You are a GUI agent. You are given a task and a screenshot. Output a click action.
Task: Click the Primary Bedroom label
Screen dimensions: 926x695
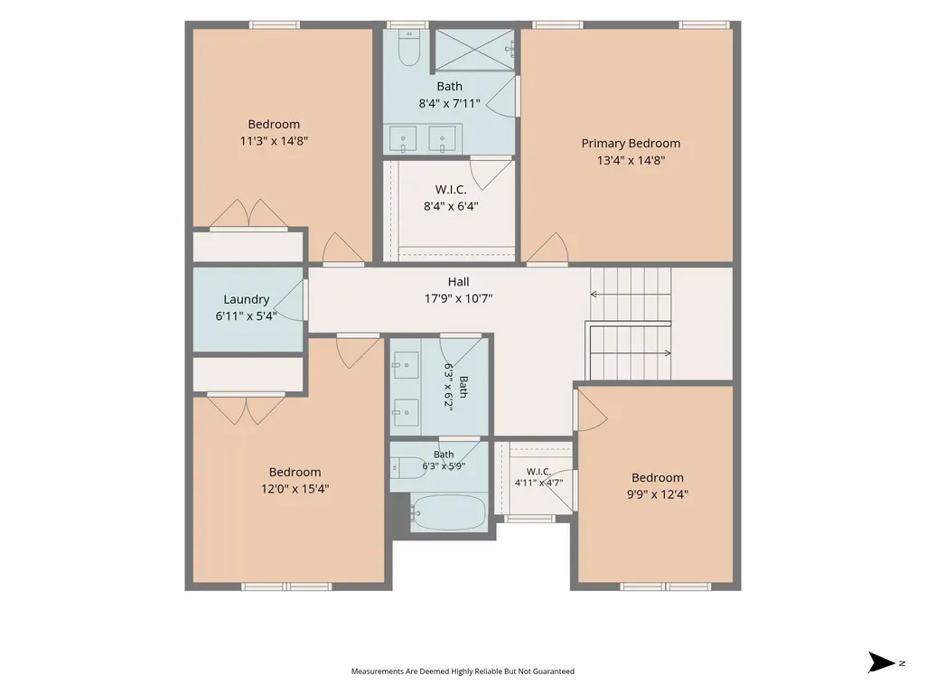click(631, 144)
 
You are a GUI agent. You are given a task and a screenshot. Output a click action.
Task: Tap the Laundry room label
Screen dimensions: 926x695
click(247, 300)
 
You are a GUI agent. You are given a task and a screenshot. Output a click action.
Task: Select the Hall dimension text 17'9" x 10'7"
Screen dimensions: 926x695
click(458, 298)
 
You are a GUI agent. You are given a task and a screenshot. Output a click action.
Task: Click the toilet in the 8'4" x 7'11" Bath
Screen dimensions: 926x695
click(408, 48)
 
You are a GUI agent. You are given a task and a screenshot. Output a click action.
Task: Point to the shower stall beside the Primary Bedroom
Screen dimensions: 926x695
click(475, 50)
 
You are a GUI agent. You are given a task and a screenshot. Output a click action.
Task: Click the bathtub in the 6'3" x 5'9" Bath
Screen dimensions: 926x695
click(449, 513)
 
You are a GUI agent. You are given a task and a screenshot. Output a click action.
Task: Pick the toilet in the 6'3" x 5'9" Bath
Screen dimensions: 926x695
click(407, 467)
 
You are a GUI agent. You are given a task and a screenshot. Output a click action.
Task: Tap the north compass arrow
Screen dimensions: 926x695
click(883, 662)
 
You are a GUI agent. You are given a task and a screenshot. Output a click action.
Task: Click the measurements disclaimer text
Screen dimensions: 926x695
click(463, 672)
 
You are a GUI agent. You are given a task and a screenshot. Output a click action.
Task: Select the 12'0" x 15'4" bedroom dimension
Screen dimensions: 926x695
click(295, 489)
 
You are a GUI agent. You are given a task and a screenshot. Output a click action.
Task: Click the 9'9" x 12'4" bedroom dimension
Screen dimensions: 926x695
click(658, 494)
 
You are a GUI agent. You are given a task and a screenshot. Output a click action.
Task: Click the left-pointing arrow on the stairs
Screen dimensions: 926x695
click(630, 295)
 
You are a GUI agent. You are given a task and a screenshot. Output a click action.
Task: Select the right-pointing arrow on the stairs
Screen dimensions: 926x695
click(630, 353)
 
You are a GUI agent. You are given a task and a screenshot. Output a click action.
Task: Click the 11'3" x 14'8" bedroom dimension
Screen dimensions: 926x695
click(274, 141)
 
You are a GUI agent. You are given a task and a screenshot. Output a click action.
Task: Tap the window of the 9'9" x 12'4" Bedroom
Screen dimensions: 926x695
click(666, 587)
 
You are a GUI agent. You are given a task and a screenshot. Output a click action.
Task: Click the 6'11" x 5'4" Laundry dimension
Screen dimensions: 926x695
click(247, 316)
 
